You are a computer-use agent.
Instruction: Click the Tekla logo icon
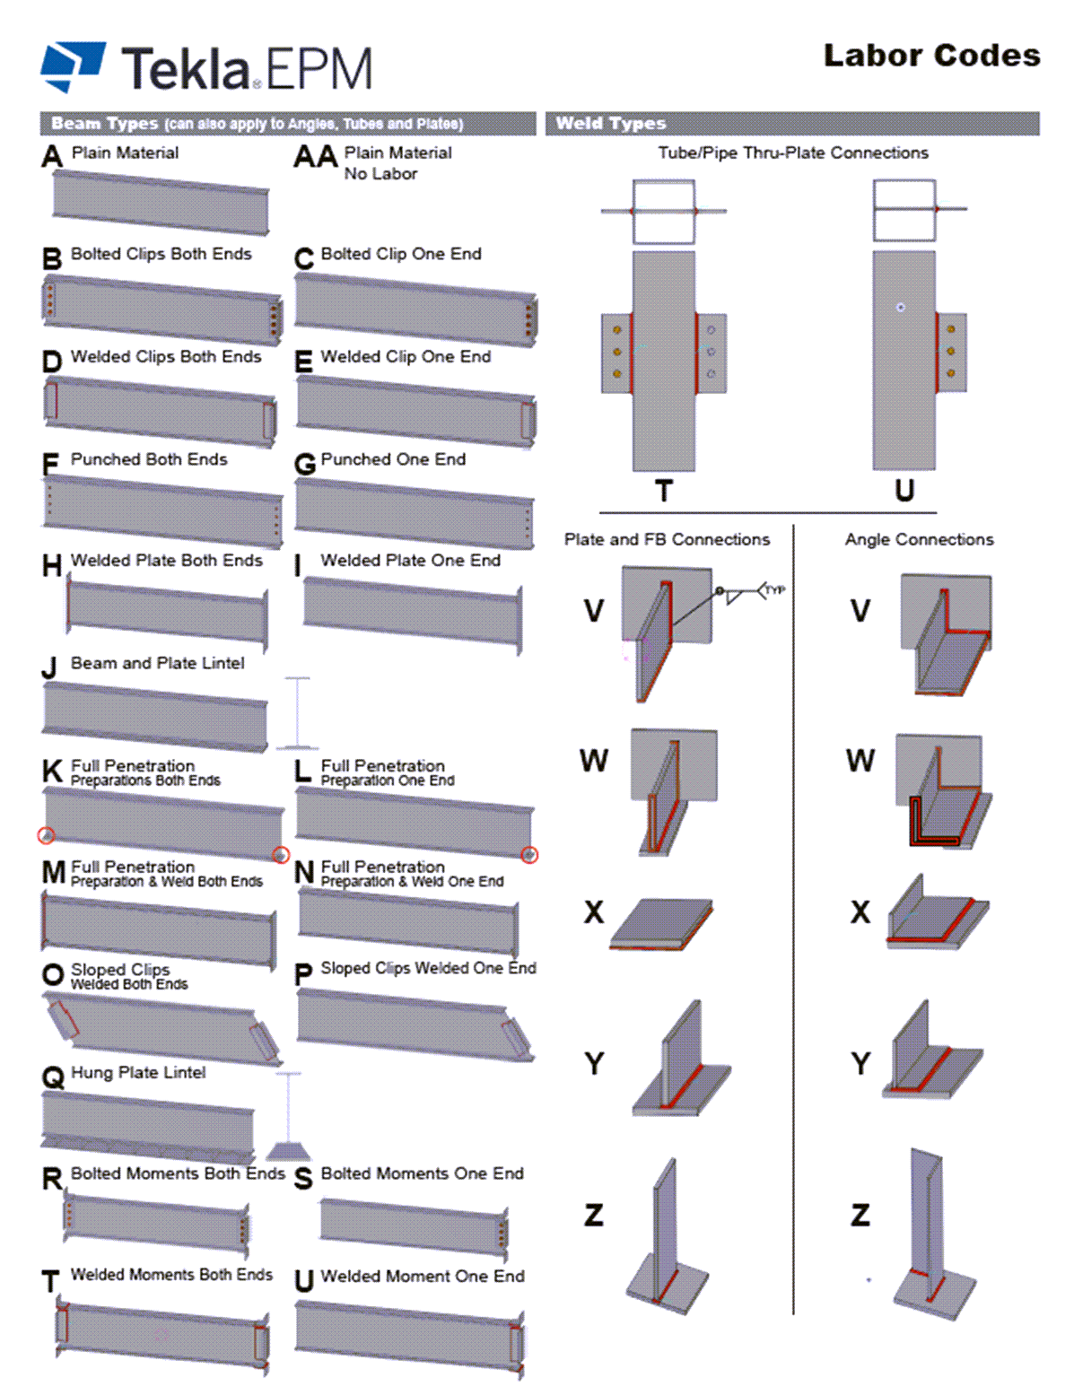(73, 65)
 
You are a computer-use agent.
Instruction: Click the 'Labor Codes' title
(931, 56)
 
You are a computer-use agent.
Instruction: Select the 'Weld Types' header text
(610, 123)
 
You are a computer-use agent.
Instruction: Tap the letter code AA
(315, 157)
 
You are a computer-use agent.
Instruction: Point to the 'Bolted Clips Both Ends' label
(161, 254)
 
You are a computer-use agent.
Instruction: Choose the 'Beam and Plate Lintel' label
(157, 663)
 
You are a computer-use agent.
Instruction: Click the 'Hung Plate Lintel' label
(138, 1072)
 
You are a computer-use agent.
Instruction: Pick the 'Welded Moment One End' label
(423, 1276)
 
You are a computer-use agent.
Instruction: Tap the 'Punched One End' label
(393, 459)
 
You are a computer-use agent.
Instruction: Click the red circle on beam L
(530, 855)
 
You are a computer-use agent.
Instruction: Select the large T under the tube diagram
(663, 491)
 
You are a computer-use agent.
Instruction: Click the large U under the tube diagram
(904, 491)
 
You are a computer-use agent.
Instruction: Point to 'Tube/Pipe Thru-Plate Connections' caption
(793, 153)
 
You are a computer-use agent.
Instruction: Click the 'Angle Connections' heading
(919, 539)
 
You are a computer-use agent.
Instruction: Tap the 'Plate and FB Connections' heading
(667, 539)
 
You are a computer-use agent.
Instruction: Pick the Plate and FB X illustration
(662, 923)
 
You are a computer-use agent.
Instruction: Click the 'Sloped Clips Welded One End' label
(428, 968)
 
